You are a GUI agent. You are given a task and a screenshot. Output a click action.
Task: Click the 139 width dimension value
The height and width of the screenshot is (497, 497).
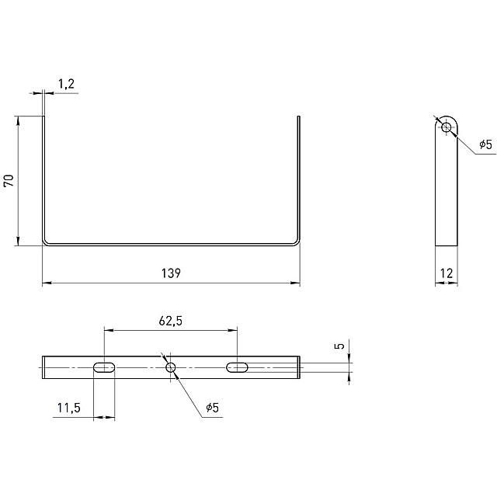[171, 273]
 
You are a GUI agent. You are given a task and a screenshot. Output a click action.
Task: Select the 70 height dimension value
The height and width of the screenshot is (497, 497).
[9, 180]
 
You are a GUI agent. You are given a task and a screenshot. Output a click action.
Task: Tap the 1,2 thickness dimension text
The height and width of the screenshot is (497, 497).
[66, 84]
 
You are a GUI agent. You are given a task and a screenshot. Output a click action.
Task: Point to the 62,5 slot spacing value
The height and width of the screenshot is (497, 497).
[171, 321]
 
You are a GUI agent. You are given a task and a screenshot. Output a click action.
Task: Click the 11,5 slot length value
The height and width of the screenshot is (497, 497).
[69, 408]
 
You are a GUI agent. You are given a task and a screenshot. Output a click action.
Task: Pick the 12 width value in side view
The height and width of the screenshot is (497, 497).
[447, 273]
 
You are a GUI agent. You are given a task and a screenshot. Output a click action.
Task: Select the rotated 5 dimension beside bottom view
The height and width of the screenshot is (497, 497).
[339, 346]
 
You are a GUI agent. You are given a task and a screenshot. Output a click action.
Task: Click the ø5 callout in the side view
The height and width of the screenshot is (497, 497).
[486, 144]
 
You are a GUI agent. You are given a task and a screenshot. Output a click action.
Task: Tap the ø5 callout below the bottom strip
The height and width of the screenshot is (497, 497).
[212, 408]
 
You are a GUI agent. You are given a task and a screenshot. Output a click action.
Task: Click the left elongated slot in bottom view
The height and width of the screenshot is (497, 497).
[104, 367]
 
